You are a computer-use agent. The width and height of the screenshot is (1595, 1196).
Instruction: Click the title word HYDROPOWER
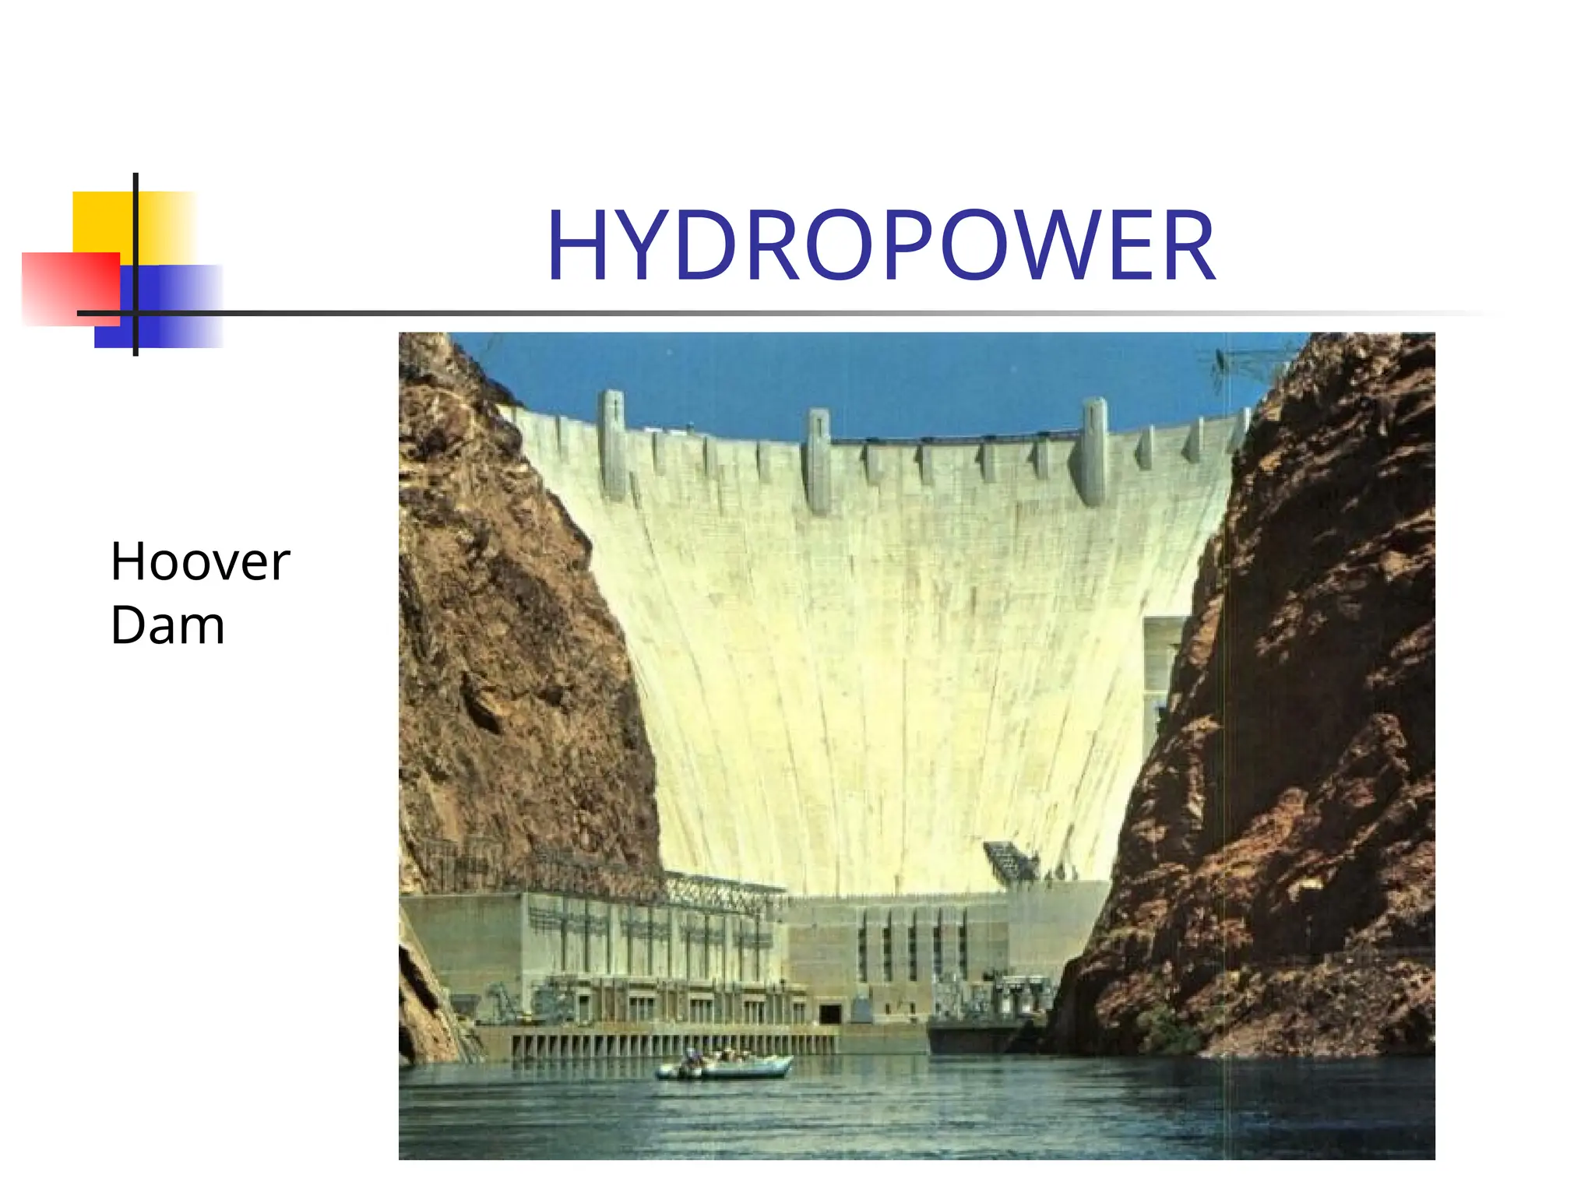click(880, 247)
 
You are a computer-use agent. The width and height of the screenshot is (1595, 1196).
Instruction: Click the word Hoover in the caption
click(200, 561)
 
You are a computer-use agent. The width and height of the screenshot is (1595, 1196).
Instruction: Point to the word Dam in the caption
click(167, 625)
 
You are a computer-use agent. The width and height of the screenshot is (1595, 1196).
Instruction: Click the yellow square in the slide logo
click(105, 222)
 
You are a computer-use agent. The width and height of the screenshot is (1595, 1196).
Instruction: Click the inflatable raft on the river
click(724, 1064)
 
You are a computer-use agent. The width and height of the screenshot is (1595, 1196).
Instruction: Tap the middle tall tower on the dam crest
click(817, 459)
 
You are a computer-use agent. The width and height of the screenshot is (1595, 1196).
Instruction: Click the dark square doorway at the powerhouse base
click(830, 1014)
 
